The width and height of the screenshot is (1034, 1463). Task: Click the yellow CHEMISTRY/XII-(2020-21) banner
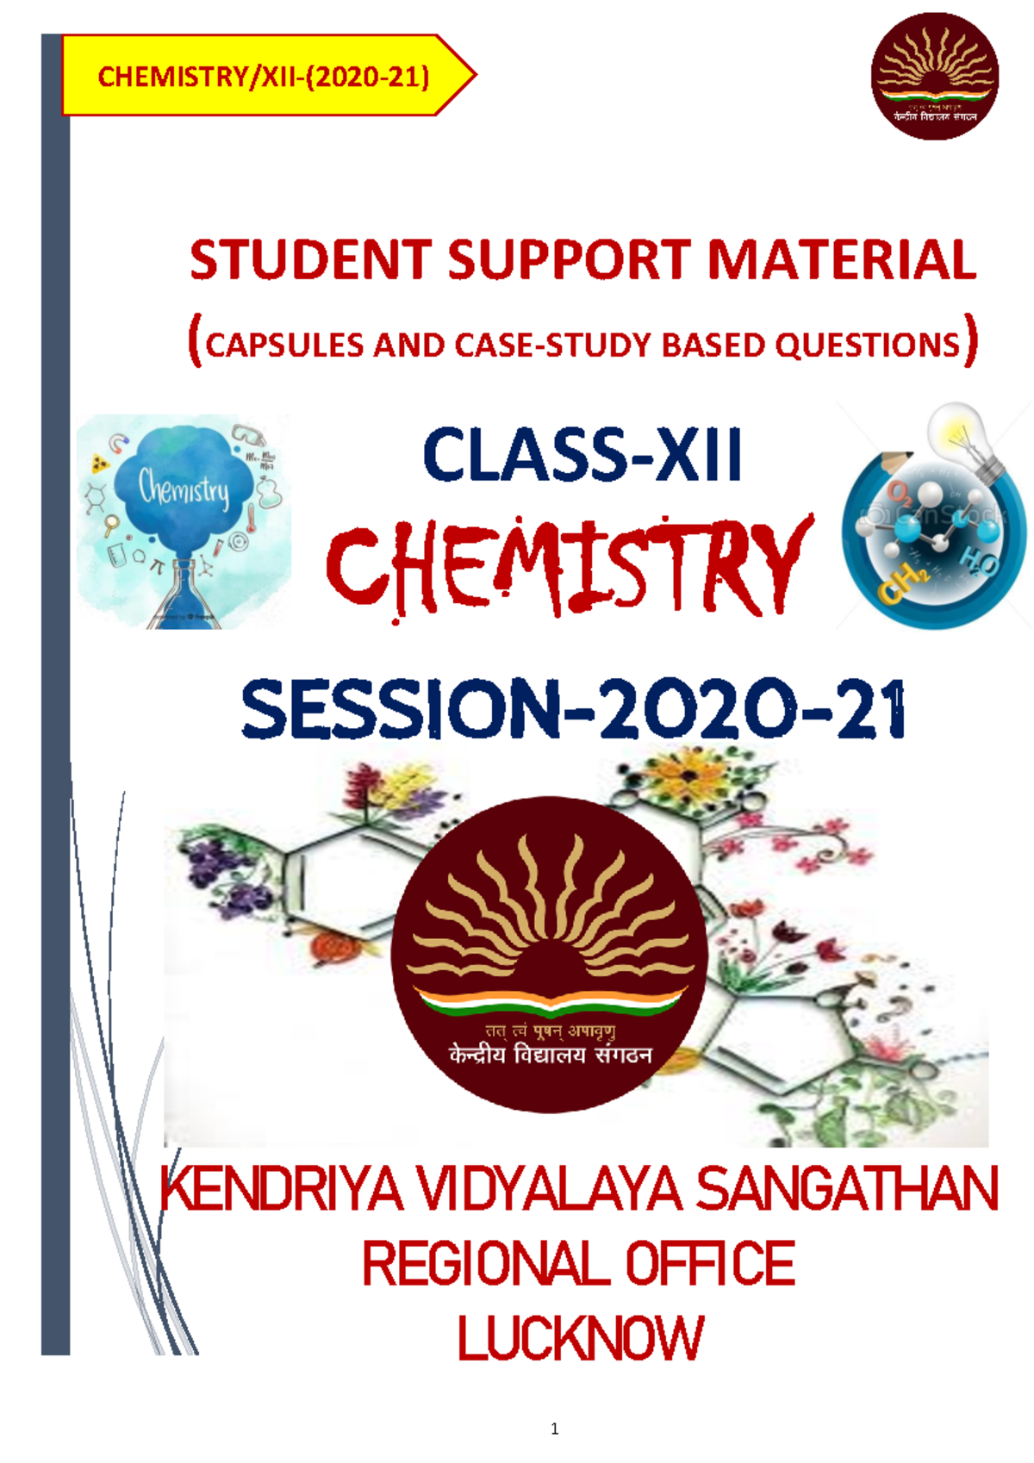point(263,77)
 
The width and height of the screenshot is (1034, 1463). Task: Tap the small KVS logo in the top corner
point(934,76)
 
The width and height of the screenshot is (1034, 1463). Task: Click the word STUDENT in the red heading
point(310,260)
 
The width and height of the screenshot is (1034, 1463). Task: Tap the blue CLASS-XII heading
point(582,455)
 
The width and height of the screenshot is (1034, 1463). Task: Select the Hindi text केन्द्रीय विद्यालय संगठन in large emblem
point(550,1055)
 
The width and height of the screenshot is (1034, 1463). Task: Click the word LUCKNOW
point(580,1338)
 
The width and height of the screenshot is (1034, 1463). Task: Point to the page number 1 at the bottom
point(554,1429)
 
